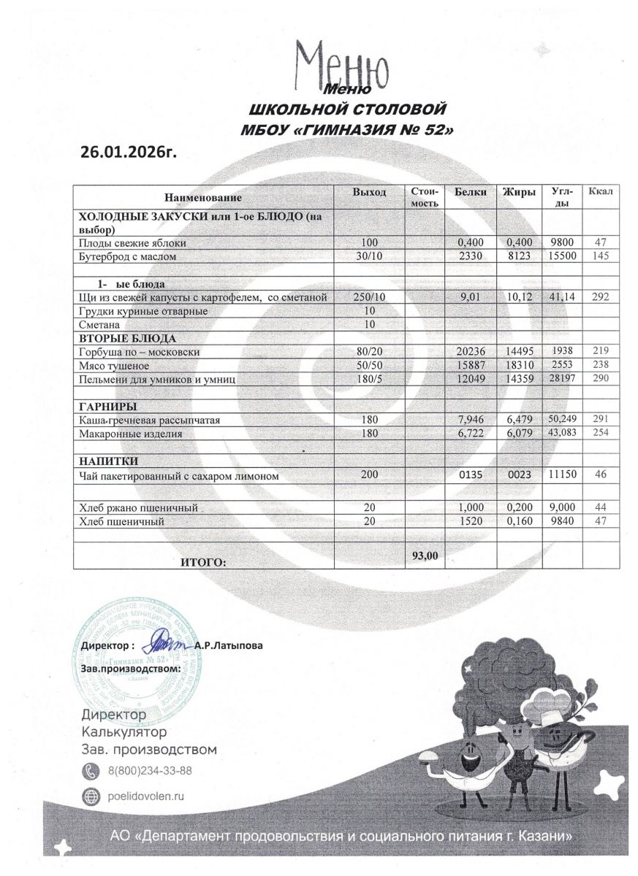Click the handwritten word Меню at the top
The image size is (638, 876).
tap(341, 66)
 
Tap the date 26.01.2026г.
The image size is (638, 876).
tap(129, 152)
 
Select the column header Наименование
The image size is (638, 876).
tap(202, 198)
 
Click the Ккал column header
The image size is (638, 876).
tap(604, 191)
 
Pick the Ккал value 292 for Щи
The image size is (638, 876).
tap(601, 297)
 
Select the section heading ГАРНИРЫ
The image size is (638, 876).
tap(108, 407)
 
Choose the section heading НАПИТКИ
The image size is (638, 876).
tap(108, 461)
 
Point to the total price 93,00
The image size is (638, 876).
tap(425, 556)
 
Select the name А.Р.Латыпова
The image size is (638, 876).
tap(229, 645)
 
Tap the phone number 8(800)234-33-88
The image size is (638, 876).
tap(150, 771)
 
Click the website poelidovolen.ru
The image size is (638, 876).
tap(145, 796)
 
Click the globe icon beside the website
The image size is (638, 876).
tap(91, 796)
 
